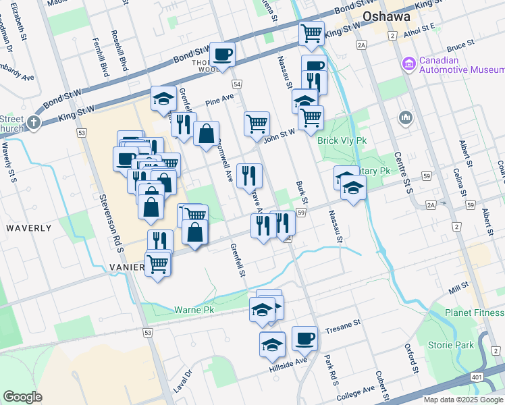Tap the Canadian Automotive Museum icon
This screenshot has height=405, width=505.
click(408, 65)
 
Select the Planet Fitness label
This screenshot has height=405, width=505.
click(474, 313)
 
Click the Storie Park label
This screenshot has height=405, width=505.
click(450, 346)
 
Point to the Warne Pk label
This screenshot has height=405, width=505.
click(194, 310)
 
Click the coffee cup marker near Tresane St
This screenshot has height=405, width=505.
click(304, 339)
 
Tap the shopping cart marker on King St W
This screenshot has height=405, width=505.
click(311, 33)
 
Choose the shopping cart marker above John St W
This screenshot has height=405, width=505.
click(257, 124)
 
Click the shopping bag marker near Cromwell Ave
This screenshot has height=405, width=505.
click(207, 133)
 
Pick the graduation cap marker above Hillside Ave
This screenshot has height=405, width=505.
click(272, 344)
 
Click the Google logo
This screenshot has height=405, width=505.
click(22, 397)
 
